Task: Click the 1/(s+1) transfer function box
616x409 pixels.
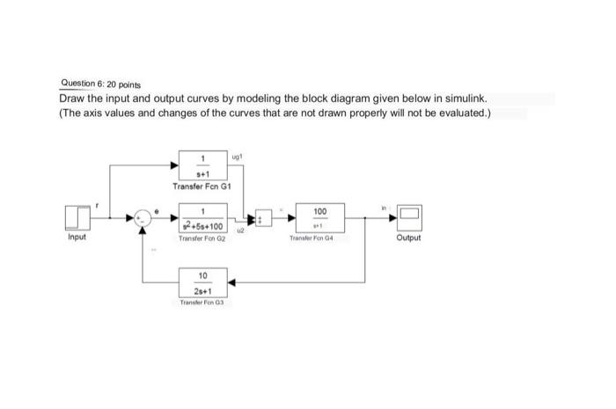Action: tap(203, 164)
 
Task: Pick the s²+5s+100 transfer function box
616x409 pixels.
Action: tap(203, 217)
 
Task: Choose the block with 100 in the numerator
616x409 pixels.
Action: tap(319, 217)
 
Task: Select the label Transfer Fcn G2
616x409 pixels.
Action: tap(203, 238)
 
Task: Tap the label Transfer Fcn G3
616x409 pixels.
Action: tap(203, 302)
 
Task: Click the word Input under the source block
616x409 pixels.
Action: tap(77, 237)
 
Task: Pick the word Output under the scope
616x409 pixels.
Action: tap(409, 237)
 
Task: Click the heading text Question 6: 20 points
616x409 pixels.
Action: tap(99, 84)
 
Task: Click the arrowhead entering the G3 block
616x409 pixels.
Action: tap(233, 282)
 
